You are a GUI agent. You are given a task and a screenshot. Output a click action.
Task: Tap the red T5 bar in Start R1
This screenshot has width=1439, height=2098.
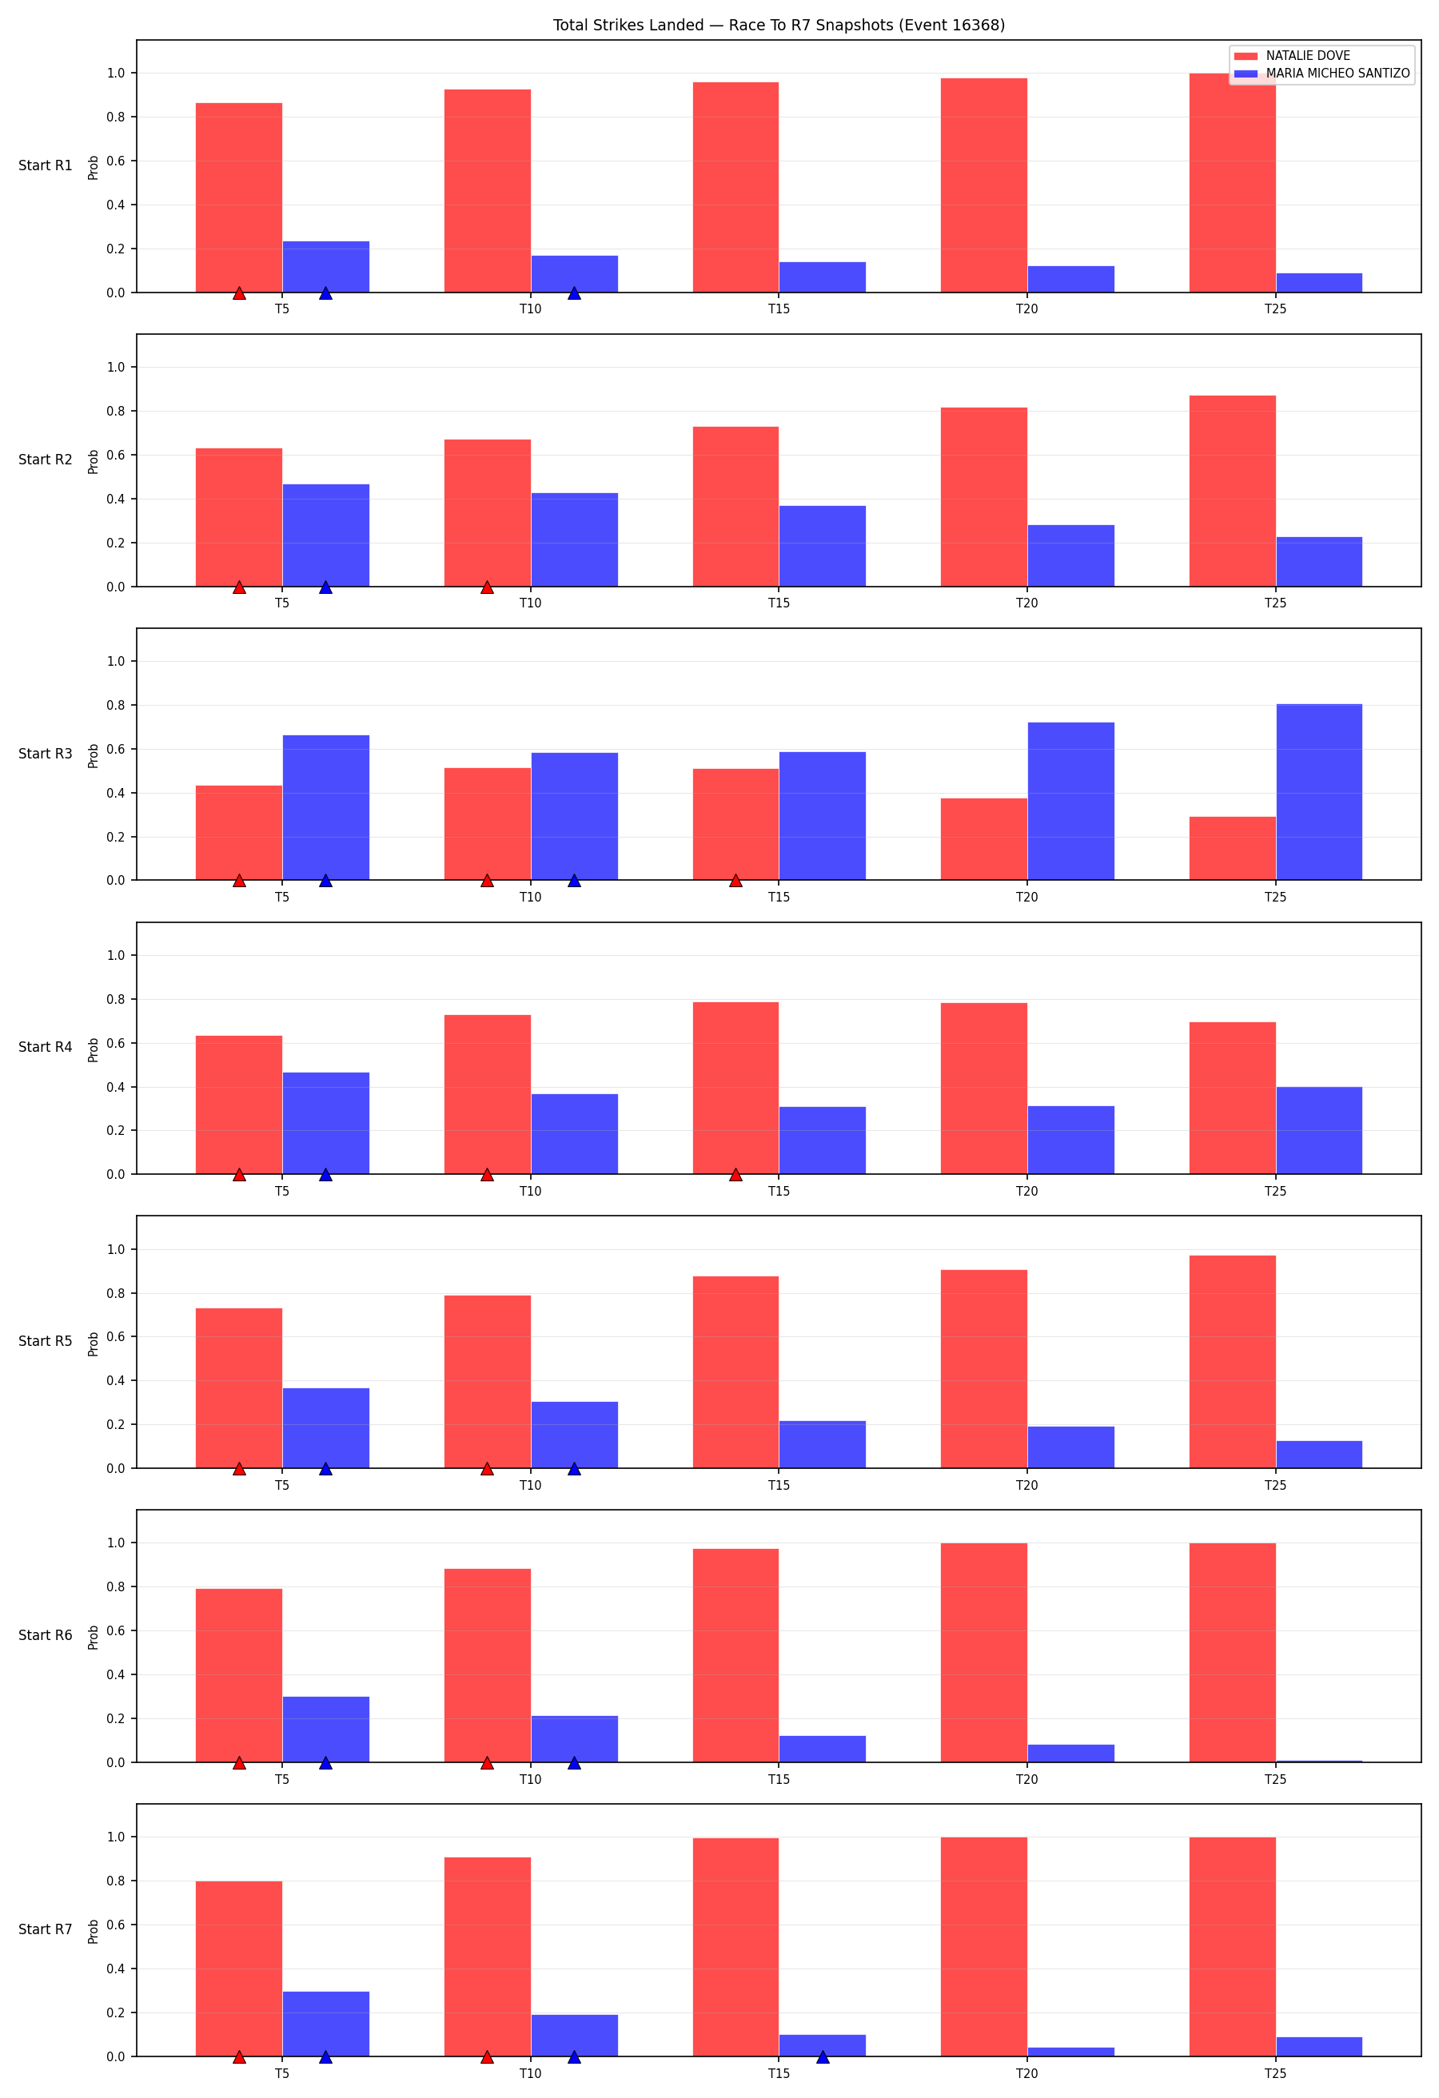click(x=239, y=197)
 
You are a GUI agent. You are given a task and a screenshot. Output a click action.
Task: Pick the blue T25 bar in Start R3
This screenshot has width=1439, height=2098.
click(x=1319, y=792)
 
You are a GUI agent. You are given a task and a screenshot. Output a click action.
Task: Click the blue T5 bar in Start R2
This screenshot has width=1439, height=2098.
click(x=326, y=535)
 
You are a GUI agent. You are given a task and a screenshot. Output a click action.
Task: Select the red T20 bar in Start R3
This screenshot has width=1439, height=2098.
click(x=984, y=839)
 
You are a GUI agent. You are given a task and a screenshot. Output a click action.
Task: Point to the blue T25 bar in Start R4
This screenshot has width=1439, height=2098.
click(x=1319, y=1130)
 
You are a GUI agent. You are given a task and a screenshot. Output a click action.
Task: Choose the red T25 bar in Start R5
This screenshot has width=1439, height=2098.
click(x=1232, y=1362)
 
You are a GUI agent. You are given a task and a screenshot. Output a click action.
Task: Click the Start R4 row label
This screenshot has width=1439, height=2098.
click(x=45, y=1047)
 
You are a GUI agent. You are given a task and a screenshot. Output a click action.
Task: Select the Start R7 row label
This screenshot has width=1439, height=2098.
click(x=45, y=1929)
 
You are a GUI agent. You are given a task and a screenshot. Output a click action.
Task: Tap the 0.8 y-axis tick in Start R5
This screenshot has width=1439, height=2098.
click(x=117, y=1294)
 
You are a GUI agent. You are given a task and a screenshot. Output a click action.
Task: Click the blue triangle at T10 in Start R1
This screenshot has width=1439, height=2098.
click(x=574, y=293)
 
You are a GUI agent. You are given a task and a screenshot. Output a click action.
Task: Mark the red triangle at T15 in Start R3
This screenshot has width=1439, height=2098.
click(x=735, y=880)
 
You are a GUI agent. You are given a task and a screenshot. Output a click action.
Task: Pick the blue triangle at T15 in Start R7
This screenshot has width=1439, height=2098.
click(x=823, y=2056)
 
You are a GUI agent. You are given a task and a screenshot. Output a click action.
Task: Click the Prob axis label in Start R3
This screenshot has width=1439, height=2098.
click(x=93, y=755)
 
